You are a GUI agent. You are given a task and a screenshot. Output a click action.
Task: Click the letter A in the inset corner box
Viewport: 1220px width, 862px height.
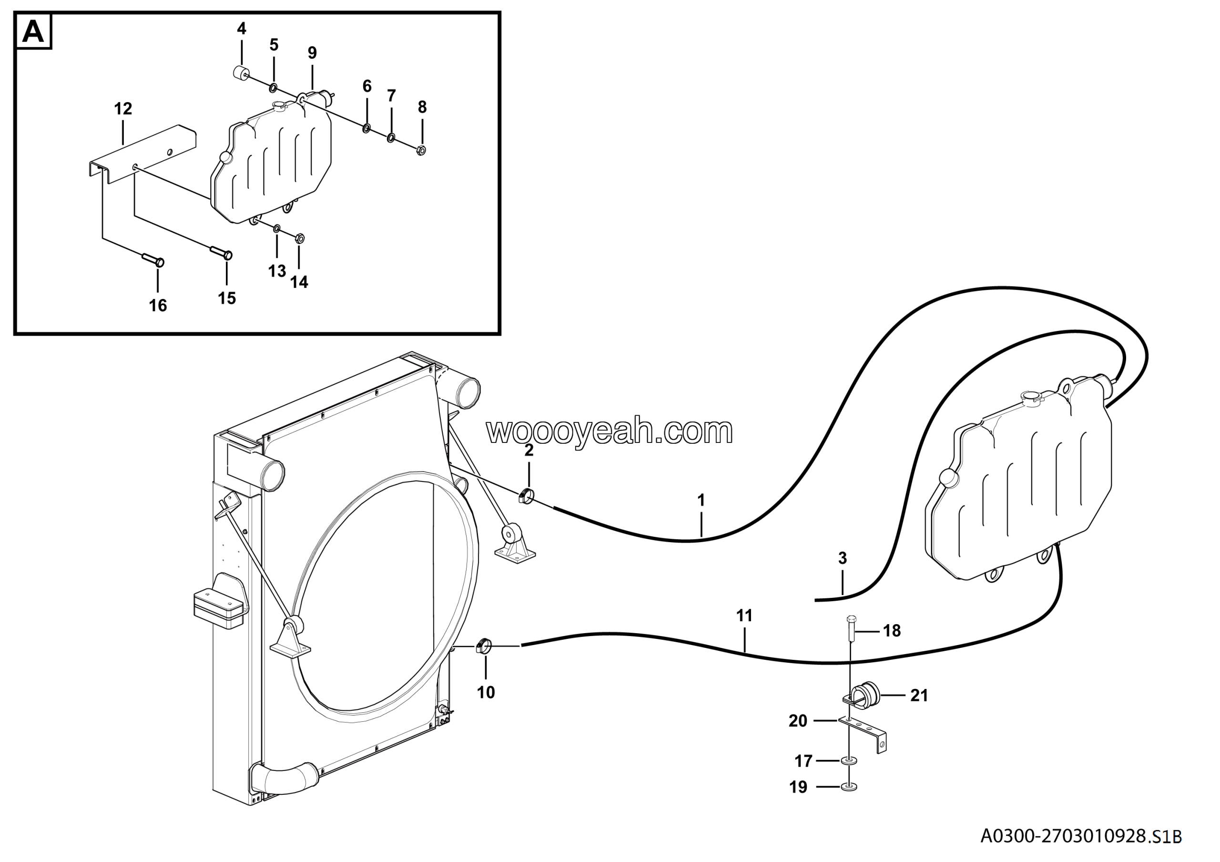(x=33, y=32)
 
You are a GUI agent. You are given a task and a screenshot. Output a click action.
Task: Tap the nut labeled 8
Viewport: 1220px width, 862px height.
(x=421, y=150)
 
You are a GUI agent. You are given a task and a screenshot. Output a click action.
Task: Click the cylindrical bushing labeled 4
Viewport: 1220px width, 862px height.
(x=242, y=72)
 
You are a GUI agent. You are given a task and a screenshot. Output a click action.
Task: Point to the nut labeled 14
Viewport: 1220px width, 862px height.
(x=299, y=237)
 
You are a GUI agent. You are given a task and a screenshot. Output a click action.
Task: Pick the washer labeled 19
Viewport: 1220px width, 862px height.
(x=850, y=786)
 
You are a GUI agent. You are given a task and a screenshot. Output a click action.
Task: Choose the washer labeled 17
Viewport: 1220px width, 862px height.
(x=850, y=761)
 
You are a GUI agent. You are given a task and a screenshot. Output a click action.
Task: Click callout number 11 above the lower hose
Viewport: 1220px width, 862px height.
(x=744, y=616)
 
